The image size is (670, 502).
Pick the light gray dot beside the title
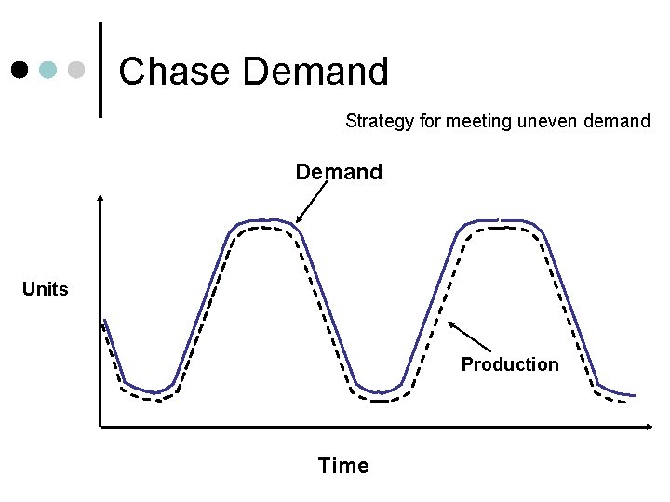click(77, 71)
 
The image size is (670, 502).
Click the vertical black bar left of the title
click(100, 71)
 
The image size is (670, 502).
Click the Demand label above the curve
click(339, 172)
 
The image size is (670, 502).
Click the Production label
click(510, 364)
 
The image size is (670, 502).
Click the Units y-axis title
click(46, 289)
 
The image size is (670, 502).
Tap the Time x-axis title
click(343, 466)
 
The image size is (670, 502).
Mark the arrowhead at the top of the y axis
click(100, 199)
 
